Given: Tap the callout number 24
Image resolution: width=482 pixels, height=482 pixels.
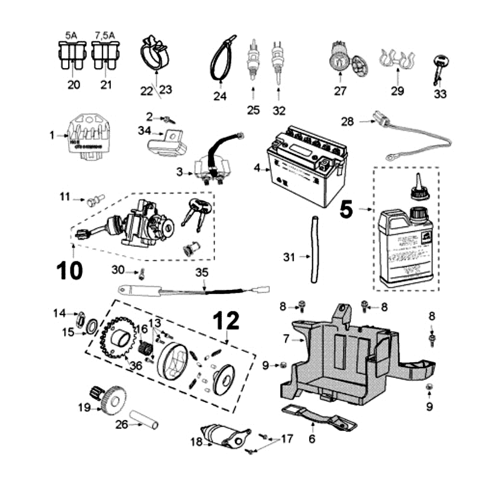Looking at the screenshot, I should (220, 94).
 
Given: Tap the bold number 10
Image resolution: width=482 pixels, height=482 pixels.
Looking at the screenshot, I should (70, 270).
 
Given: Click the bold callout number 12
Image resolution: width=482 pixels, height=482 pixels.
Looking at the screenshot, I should (226, 321).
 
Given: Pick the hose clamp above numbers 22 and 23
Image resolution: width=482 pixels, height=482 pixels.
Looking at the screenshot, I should (155, 53).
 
